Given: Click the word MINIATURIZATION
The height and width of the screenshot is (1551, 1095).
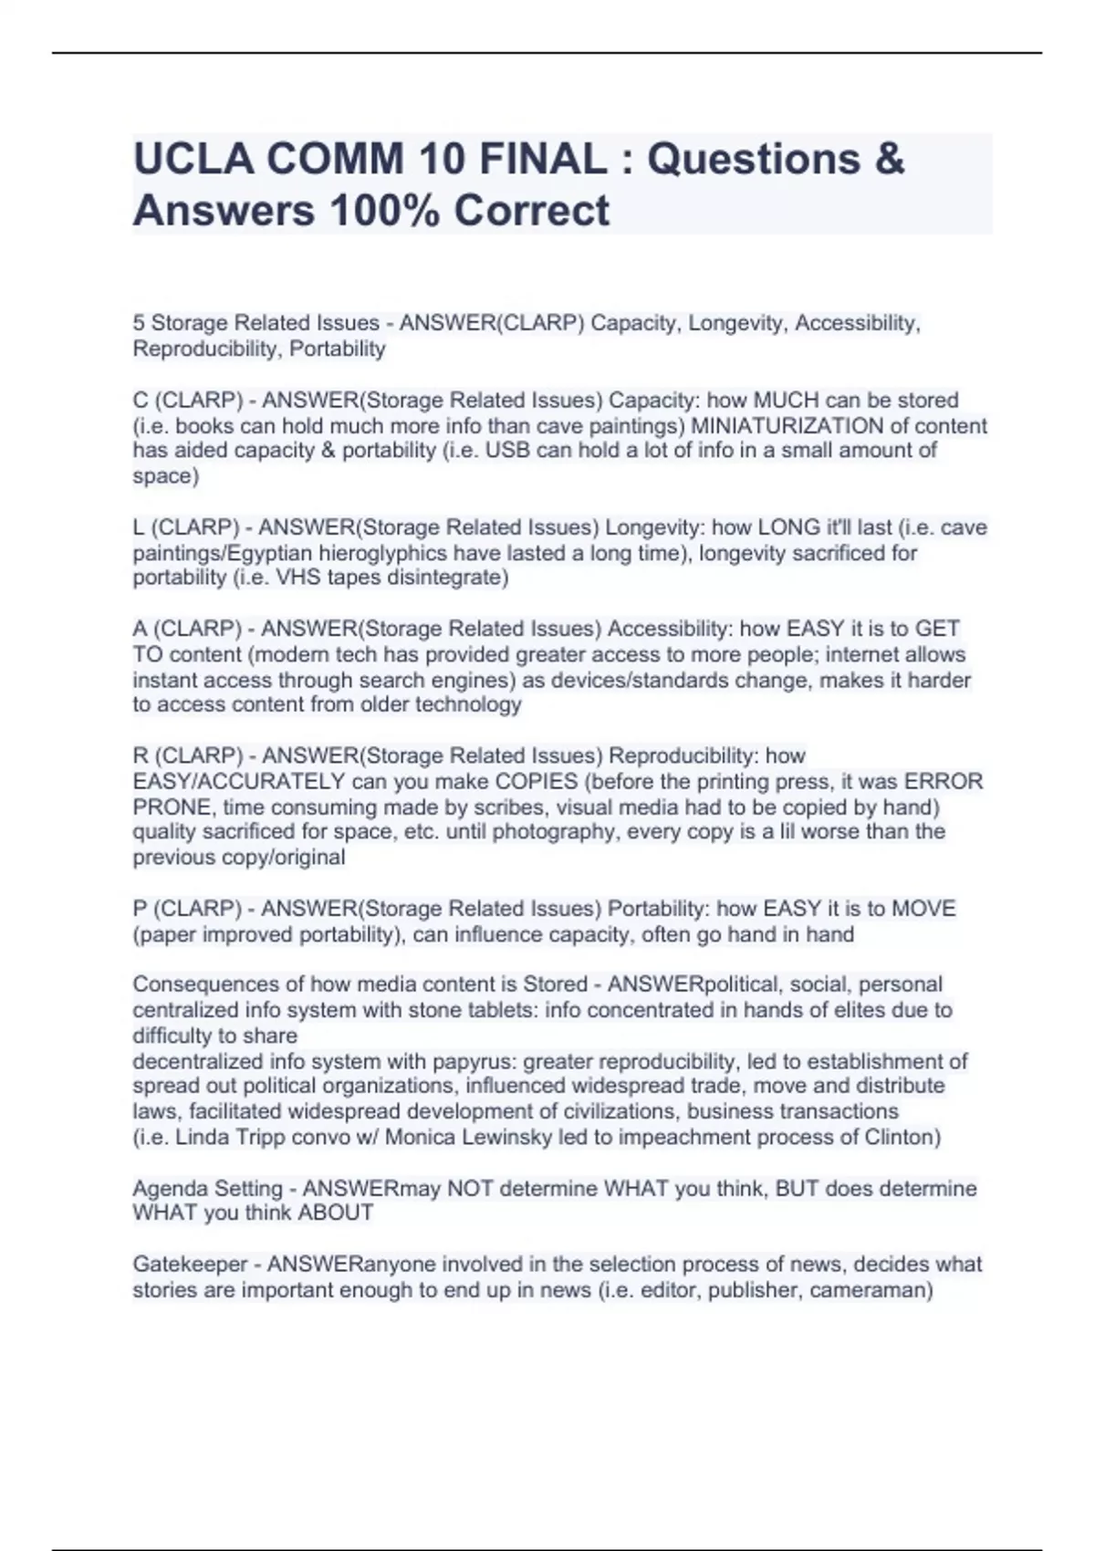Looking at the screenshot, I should coord(787,426).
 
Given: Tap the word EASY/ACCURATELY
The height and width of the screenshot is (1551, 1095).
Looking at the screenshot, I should coord(238,782).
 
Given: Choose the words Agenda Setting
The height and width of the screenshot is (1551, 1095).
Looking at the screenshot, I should coord(207,1189).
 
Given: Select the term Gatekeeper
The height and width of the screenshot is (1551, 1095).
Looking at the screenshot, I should coord(189,1265).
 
